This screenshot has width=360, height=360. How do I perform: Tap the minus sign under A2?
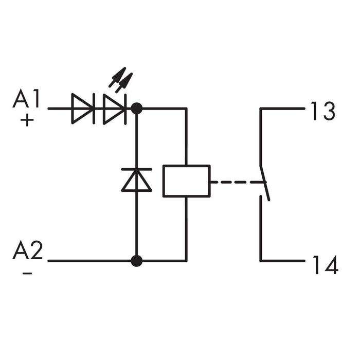click(27, 273)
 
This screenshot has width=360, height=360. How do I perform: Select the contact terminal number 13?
click(322, 111)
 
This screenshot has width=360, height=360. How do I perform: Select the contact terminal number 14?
click(325, 265)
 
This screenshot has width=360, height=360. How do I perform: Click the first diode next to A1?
click(82, 109)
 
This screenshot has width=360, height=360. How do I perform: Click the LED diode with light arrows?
click(114, 109)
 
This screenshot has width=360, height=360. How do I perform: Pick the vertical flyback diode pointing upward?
click(136, 180)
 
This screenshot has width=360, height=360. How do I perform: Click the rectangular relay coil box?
click(186, 181)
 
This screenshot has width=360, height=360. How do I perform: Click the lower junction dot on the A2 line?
click(136, 261)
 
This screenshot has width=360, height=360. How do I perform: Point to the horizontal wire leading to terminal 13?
click(283, 109)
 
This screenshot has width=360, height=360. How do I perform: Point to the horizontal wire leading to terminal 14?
click(283, 261)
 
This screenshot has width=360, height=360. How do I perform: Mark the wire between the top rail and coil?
click(186, 136)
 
